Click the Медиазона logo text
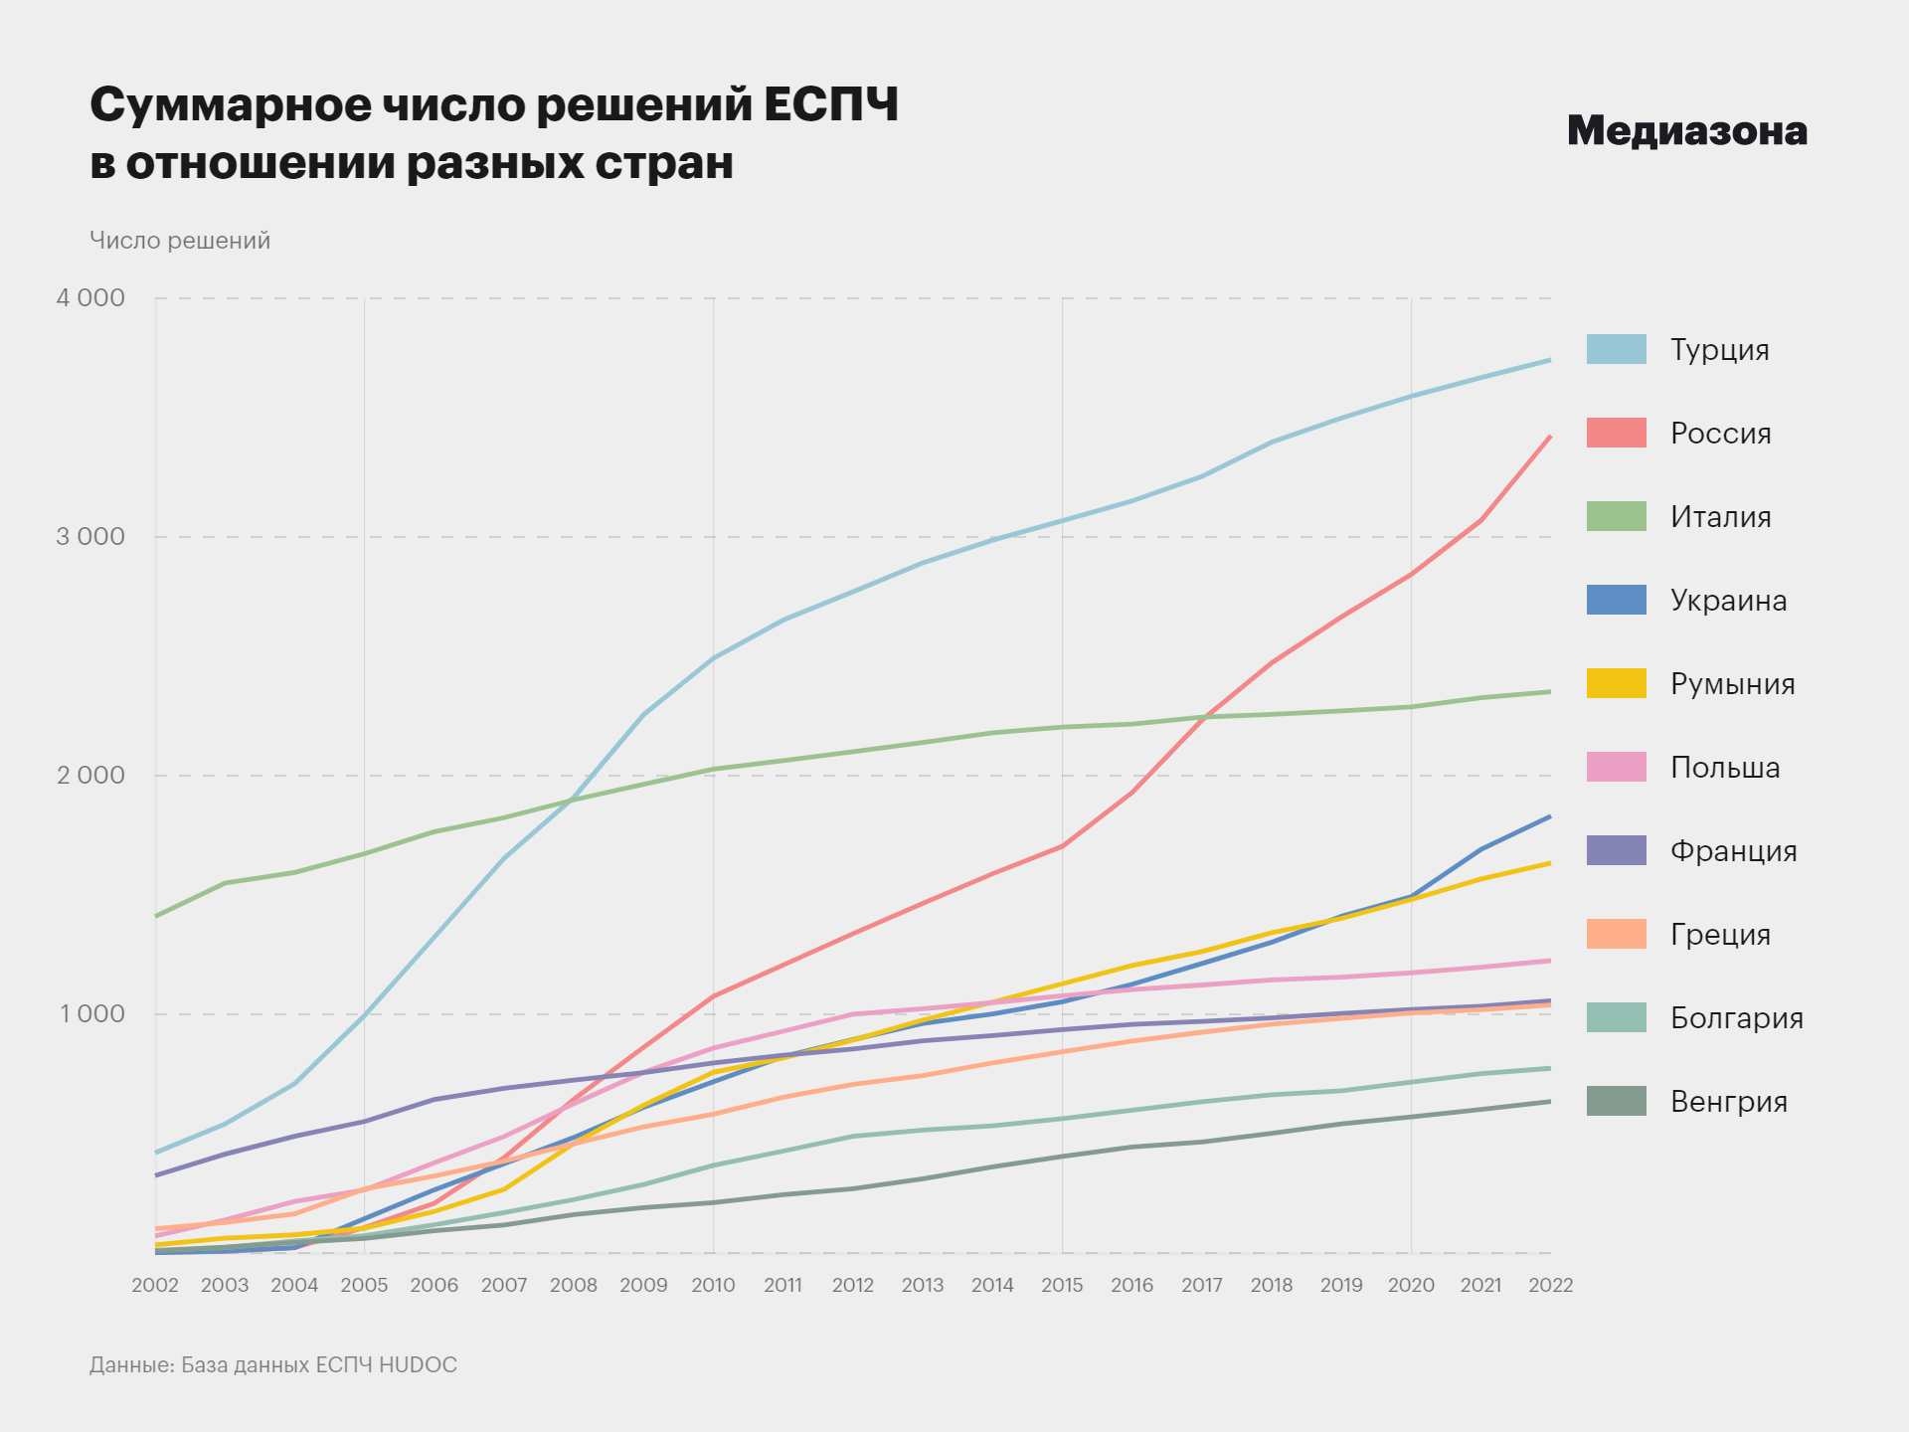point(1686,131)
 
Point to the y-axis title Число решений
point(180,241)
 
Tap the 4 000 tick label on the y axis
point(90,298)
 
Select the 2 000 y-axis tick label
point(90,776)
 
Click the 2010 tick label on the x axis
point(713,1285)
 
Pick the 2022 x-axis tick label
point(1550,1285)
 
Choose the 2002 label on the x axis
point(155,1285)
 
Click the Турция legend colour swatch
point(1616,349)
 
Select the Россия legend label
point(1720,434)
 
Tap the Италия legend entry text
point(1720,517)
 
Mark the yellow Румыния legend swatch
point(1616,683)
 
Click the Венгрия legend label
point(1728,1102)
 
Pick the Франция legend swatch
point(1616,850)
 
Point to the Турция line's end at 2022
point(1549,360)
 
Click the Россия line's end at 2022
point(1549,437)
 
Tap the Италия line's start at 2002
point(156,916)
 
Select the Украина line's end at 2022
point(1549,817)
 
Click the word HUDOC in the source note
point(418,1364)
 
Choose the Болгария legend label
point(1736,1018)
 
